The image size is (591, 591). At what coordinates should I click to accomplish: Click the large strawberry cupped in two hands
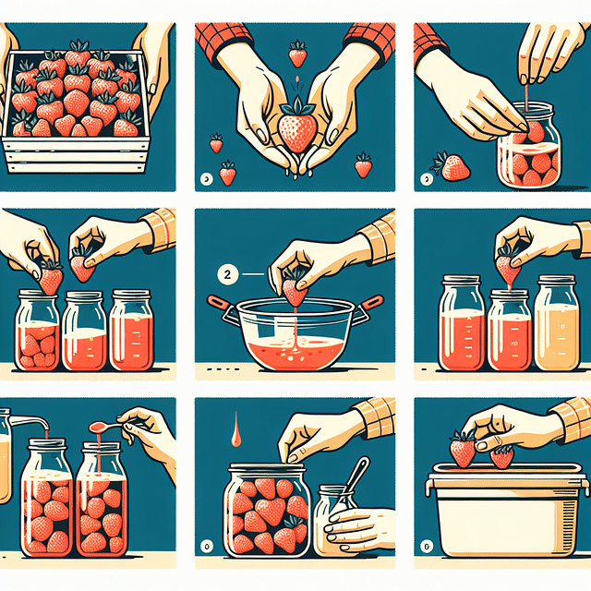pos(295,132)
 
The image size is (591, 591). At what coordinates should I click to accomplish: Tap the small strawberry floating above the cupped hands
pos(297,54)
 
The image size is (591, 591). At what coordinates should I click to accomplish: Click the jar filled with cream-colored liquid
pos(557,323)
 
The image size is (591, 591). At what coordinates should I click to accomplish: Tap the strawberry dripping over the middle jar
pos(506,267)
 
